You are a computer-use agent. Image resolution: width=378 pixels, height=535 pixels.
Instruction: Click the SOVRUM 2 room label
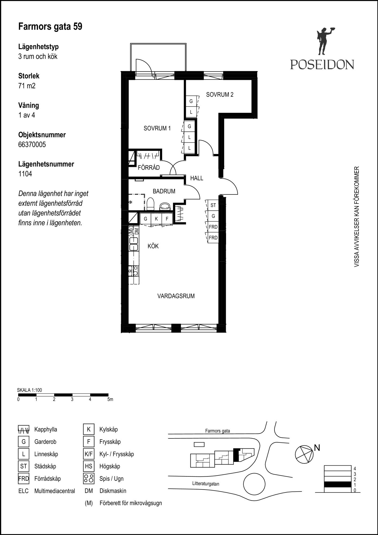click(x=220, y=94)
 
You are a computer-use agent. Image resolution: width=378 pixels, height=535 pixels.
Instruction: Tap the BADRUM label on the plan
click(x=164, y=191)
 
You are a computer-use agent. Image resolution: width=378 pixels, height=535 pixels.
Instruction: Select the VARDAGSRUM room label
click(x=176, y=296)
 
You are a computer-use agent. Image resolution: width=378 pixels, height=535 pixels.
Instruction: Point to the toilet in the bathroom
click(x=150, y=204)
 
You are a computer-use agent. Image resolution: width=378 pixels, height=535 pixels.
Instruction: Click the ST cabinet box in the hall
click(x=213, y=205)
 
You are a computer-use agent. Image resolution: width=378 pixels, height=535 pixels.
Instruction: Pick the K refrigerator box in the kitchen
click(x=156, y=219)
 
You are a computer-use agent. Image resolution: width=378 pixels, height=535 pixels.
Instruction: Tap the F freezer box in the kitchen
click(x=167, y=219)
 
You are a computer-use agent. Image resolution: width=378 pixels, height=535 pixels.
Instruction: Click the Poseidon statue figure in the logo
click(x=325, y=41)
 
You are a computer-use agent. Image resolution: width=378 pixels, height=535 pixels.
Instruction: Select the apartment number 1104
click(x=25, y=174)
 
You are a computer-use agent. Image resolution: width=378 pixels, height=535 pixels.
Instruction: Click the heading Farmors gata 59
click(x=50, y=26)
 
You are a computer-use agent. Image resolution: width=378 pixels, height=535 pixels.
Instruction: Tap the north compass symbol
click(x=304, y=454)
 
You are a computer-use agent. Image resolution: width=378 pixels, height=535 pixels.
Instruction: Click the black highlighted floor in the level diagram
click(x=338, y=484)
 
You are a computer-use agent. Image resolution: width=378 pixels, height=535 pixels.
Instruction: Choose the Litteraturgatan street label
click(x=206, y=484)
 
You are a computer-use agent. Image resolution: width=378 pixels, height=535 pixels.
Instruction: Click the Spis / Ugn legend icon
click(x=89, y=479)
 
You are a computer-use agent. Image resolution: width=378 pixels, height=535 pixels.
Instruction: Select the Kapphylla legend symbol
click(x=24, y=430)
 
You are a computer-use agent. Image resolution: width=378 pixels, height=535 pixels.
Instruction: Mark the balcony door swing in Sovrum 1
click(x=144, y=66)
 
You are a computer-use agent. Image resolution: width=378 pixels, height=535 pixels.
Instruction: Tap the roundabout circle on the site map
click(x=254, y=484)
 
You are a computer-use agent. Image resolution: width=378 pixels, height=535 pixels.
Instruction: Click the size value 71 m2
click(x=27, y=86)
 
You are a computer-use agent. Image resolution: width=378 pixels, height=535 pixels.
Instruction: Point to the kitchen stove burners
click(x=134, y=270)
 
